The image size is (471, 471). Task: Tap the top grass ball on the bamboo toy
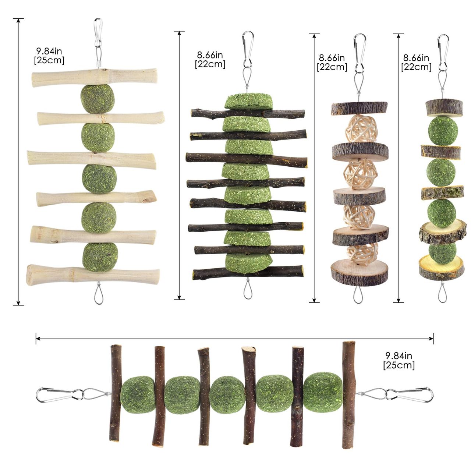[98, 99]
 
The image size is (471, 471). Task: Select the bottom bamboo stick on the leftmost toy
[93, 275]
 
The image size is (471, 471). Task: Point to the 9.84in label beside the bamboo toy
[49, 51]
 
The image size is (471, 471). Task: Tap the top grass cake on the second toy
[248, 101]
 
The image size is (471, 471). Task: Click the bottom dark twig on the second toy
[248, 273]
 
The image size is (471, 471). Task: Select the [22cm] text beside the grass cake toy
[210, 64]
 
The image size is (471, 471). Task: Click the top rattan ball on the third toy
[361, 129]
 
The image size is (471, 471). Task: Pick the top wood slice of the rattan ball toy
[359, 109]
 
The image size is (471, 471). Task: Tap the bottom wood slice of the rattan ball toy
[359, 273]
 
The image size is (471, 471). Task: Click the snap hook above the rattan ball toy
[360, 53]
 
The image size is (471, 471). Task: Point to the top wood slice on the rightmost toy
[444, 108]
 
